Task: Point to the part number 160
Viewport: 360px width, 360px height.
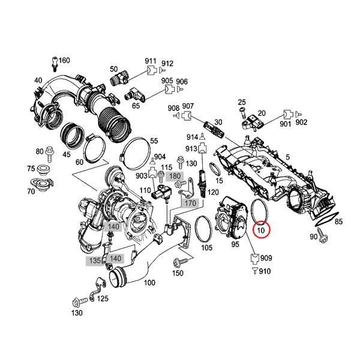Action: [x=64, y=60]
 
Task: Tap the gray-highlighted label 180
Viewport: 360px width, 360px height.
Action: [x=174, y=176]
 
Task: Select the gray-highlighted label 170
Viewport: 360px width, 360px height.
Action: [x=190, y=203]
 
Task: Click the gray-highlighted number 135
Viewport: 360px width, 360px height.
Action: [x=93, y=261]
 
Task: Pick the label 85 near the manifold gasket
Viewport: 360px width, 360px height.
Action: [x=338, y=222]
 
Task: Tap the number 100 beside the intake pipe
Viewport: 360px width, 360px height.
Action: [x=149, y=282]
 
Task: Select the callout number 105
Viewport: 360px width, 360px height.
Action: [x=206, y=247]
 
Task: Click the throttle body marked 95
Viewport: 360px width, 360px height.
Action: [x=234, y=219]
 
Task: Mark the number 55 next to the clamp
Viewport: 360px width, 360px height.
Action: [x=154, y=141]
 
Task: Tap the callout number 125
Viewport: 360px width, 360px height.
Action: [x=103, y=298]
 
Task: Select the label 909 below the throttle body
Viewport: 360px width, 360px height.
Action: [x=266, y=259]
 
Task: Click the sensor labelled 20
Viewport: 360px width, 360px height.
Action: [x=248, y=123]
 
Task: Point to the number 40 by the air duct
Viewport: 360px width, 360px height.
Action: [x=38, y=80]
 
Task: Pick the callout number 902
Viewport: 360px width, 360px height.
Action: [x=301, y=122]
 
